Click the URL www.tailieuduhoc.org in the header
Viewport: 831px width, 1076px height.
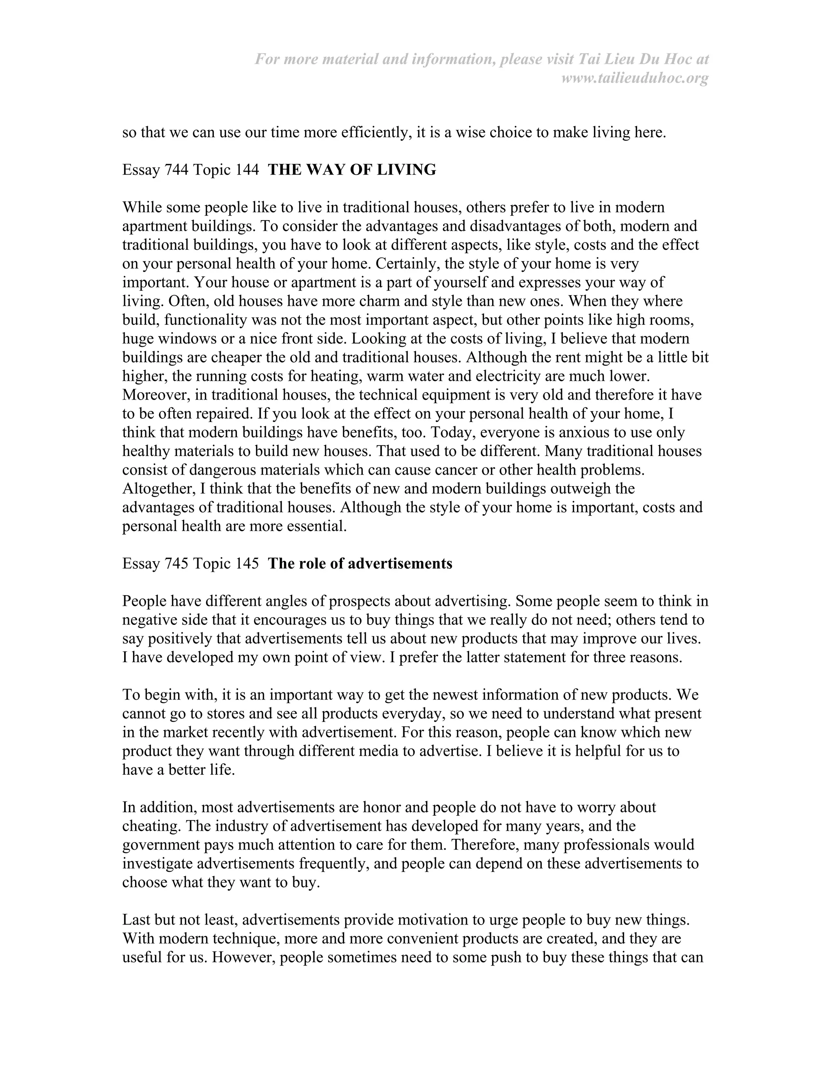click(635, 78)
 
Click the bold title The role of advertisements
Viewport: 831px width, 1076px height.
click(360, 564)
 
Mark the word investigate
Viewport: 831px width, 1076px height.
click(157, 864)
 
